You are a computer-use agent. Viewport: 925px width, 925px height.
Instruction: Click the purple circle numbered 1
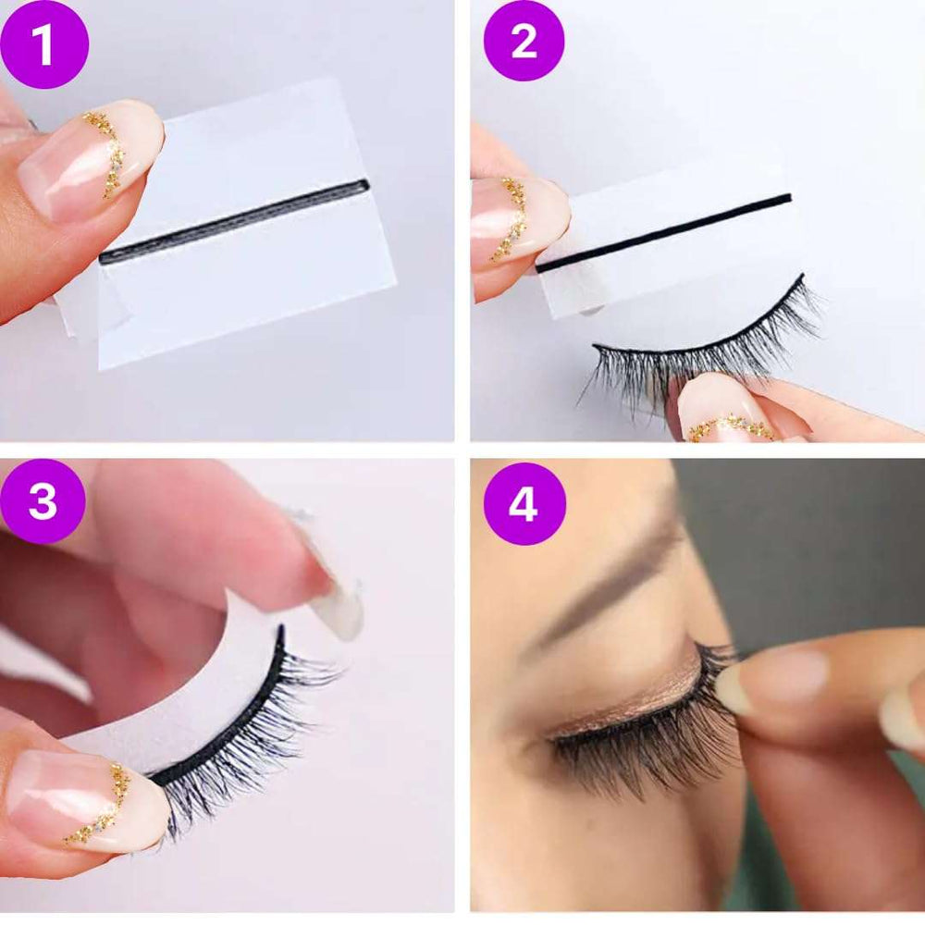click(43, 44)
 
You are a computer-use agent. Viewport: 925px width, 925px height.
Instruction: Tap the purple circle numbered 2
click(524, 41)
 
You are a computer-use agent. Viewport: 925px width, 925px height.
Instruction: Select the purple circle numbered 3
click(43, 501)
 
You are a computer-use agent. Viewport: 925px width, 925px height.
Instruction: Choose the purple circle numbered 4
click(524, 504)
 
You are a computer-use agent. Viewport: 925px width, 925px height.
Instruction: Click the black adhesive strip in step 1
click(234, 221)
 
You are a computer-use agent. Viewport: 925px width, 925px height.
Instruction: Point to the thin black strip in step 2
click(663, 233)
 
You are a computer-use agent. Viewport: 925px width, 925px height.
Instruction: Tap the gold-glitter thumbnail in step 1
click(89, 159)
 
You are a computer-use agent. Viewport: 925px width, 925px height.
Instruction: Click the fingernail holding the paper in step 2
click(519, 221)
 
